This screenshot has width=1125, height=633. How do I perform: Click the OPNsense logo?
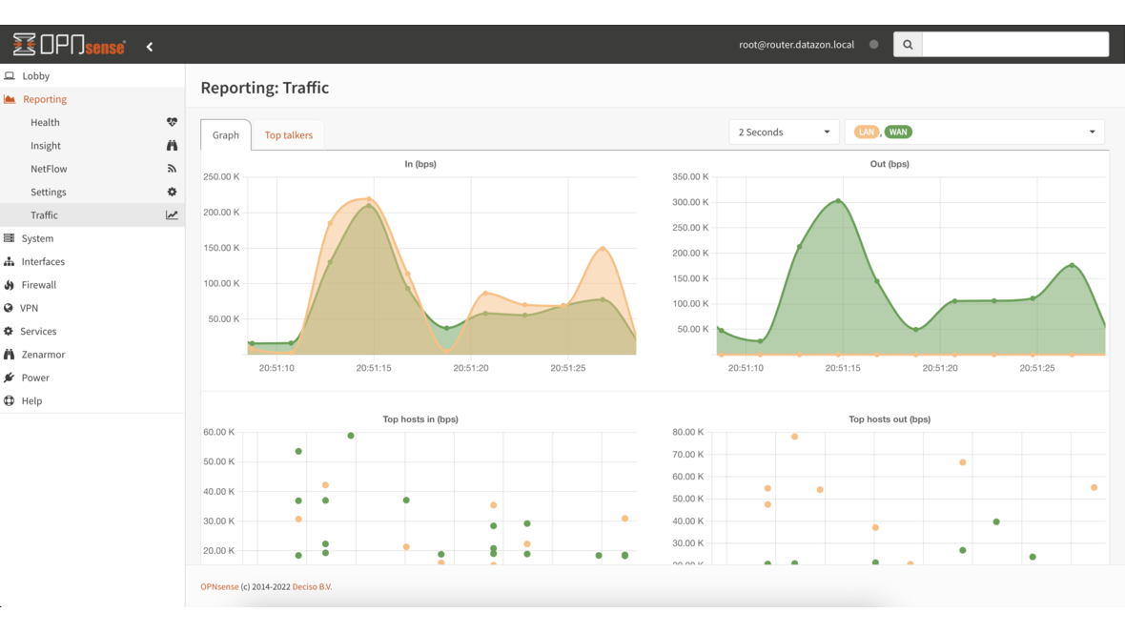click(69, 45)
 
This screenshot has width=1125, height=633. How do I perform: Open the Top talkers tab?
click(289, 135)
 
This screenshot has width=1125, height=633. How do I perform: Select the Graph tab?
click(226, 135)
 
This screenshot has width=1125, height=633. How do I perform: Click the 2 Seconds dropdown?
click(784, 133)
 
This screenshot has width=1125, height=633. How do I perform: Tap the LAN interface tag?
click(866, 133)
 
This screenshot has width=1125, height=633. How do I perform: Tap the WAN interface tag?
click(898, 133)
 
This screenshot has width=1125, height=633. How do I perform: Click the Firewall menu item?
click(39, 285)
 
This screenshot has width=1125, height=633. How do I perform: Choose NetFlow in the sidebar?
click(49, 169)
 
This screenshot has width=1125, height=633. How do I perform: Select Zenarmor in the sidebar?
click(43, 355)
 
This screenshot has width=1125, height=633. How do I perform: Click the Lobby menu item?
click(35, 76)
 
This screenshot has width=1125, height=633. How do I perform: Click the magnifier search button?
click(908, 45)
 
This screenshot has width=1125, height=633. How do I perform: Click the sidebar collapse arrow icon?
click(150, 47)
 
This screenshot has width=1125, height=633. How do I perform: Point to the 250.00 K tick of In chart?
click(221, 177)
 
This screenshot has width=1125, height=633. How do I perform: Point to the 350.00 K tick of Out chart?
click(690, 177)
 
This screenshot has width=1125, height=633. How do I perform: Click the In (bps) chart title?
click(420, 164)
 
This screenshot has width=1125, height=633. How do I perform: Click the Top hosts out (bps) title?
click(890, 419)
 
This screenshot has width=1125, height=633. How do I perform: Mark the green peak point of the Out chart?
click(839, 201)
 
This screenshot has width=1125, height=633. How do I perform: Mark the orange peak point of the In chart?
click(369, 199)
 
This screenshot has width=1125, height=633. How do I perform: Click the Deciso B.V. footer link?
click(312, 587)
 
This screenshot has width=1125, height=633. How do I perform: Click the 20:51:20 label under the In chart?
click(471, 368)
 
